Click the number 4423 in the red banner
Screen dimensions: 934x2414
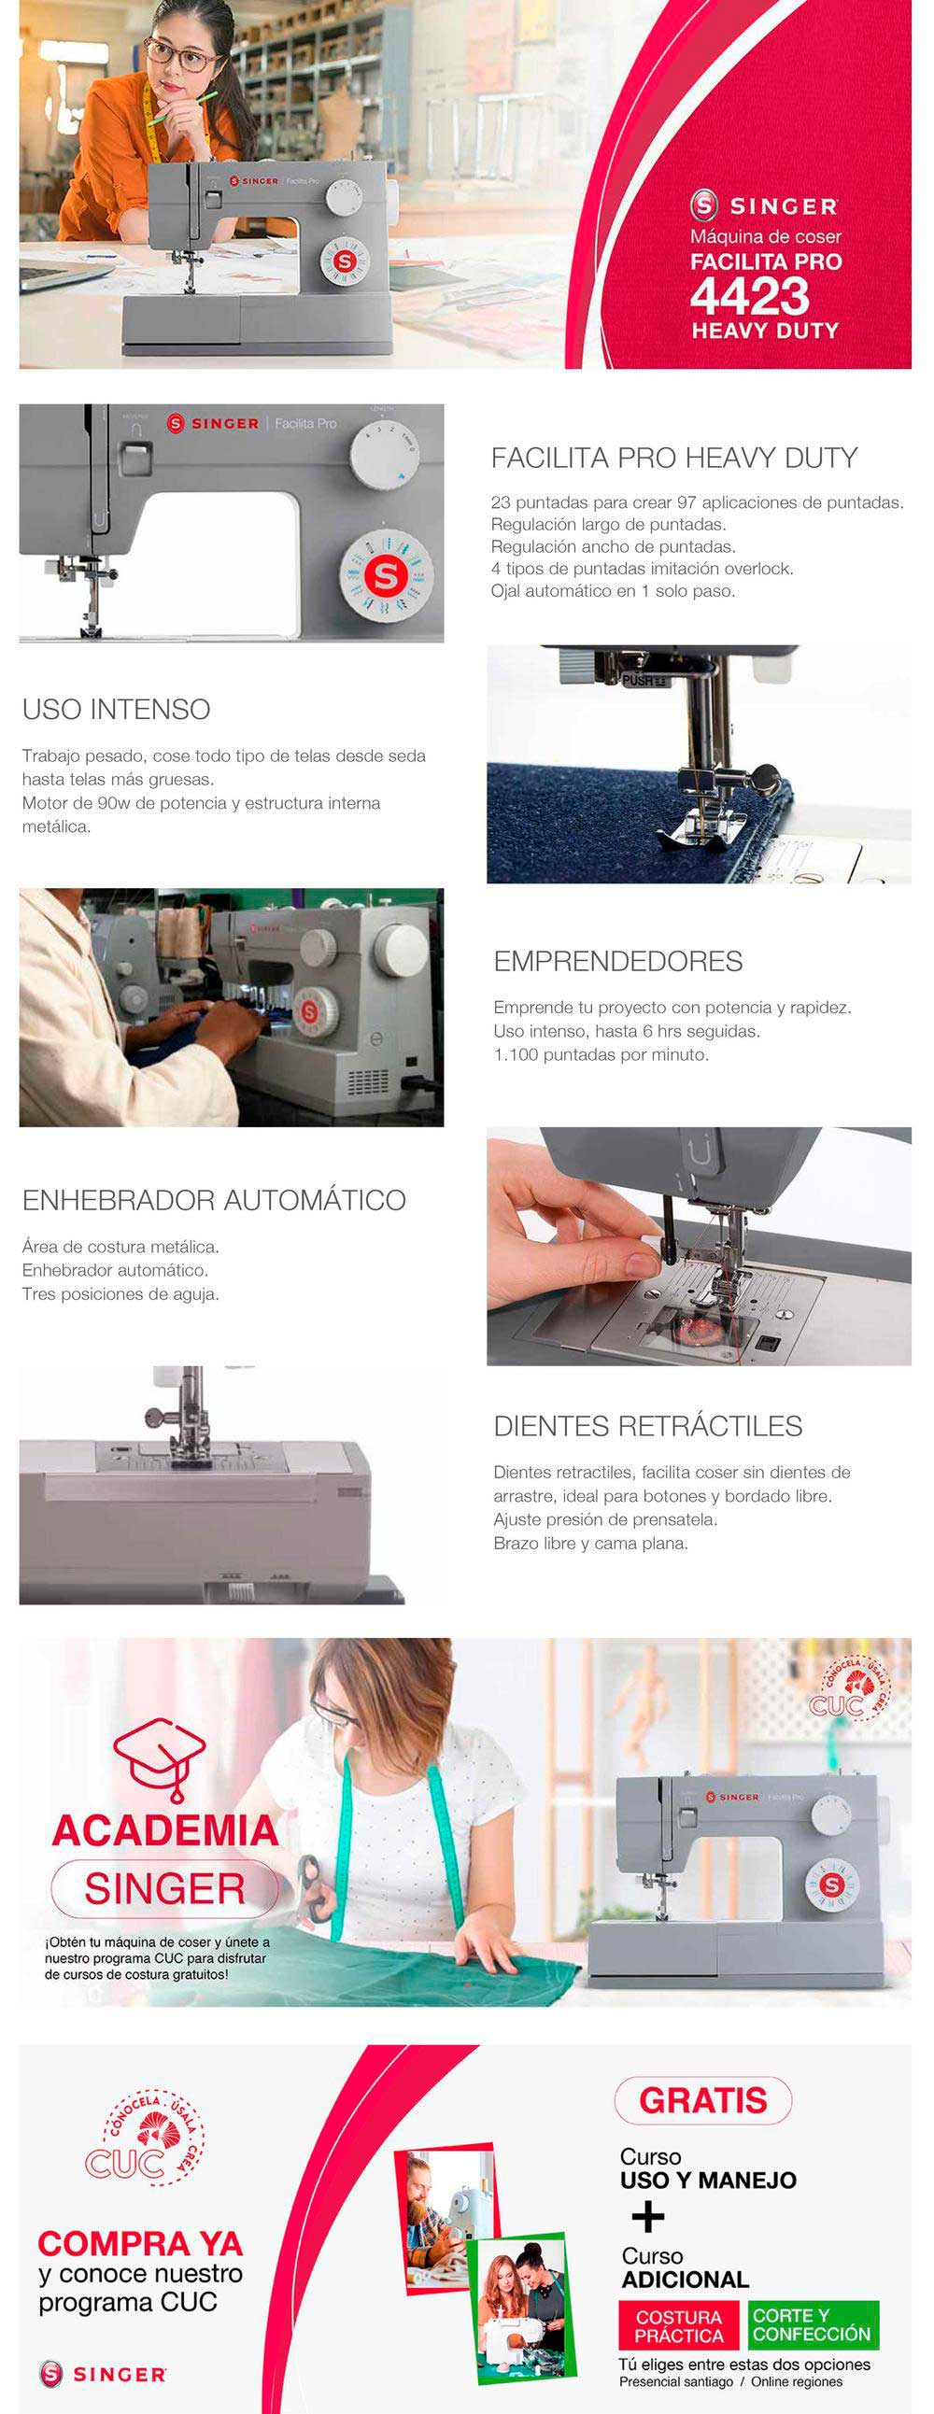click(x=749, y=297)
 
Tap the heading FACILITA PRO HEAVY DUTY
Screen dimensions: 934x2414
click(x=674, y=458)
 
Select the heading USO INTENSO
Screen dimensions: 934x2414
click(x=116, y=710)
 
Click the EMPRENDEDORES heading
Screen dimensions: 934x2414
click(x=618, y=962)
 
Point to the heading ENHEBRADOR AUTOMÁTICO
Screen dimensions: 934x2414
click(x=214, y=1199)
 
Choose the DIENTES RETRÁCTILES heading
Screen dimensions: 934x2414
click(x=648, y=1426)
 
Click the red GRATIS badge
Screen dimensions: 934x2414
click(x=703, y=2101)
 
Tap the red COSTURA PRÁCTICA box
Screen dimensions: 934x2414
click(x=680, y=2326)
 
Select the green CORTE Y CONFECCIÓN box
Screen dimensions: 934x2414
click(x=813, y=2326)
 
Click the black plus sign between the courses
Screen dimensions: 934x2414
click(x=648, y=2217)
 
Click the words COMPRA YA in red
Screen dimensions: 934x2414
click(x=140, y=2244)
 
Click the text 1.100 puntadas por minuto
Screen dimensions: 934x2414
click(x=601, y=1055)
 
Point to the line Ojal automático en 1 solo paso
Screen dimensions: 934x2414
click(x=613, y=591)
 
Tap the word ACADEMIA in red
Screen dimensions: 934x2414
click(x=165, y=1830)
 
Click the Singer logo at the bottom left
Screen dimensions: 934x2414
click(x=103, y=2374)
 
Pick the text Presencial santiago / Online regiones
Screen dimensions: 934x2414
click(x=730, y=2382)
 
